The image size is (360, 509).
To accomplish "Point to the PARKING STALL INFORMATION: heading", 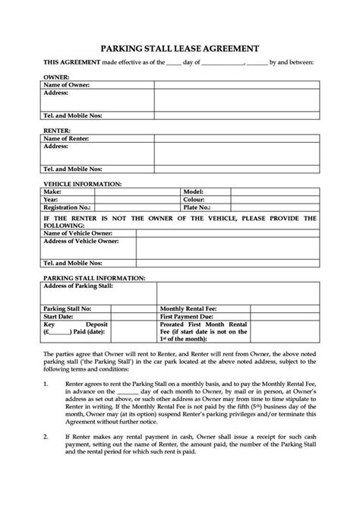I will (94, 279).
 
